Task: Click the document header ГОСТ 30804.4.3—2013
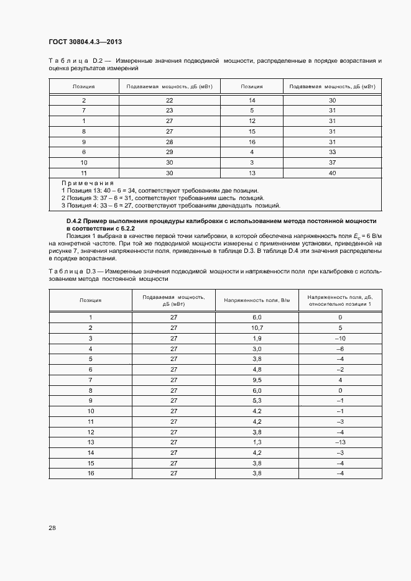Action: tap(85, 42)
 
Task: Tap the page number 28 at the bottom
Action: tap(52, 528)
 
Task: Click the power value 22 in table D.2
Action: tap(169, 100)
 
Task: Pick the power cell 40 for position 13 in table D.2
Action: tap(332, 173)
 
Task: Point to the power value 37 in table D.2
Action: tap(332, 162)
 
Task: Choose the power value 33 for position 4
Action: tap(332, 152)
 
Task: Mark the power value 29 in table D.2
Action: tap(169, 152)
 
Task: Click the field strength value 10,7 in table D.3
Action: tap(257, 327)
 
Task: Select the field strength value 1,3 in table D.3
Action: tap(257, 442)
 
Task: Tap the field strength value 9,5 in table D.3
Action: tap(257, 380)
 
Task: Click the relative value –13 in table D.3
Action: tap(340, 442)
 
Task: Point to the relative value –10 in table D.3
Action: tap(340, 338)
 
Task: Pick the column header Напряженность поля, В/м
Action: tap(257, 300)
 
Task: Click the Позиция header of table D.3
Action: tap(90, 300)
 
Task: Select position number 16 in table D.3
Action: tap(90, 473)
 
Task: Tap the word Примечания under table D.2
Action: tap(88, 183)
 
